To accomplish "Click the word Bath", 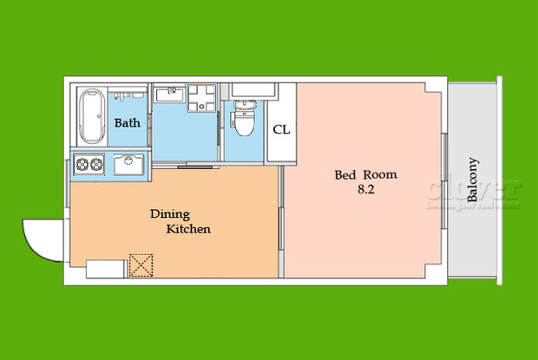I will coord(128,123).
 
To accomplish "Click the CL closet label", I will coord(281,130).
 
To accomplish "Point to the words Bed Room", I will coord(365,174).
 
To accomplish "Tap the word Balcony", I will coord(473,180).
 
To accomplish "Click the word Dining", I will coord(170,213).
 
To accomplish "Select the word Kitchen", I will coord(188,230).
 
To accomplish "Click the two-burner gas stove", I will coord(89,164).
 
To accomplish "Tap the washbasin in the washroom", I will coord(169,96).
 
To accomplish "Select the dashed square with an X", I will coord(140,265).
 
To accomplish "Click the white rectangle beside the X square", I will coord(105,269).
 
